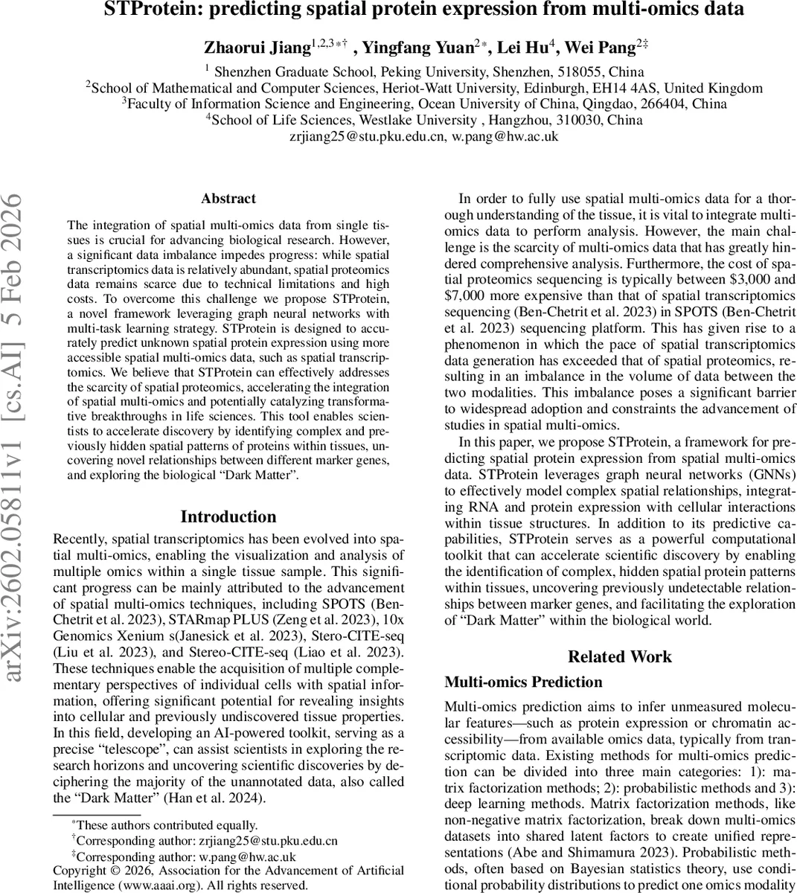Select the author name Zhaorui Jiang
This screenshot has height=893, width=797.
pyautogui.click(x=257, y=48)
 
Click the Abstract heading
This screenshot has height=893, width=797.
pyautogui.click(x=228, y=199)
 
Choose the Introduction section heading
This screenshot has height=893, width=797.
pyautogui.click(x=228, y=517)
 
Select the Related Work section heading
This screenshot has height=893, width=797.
pyautogui.click(x=619, y=656)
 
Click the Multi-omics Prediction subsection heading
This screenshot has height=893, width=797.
pyautogui.click(x=523, y=682)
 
